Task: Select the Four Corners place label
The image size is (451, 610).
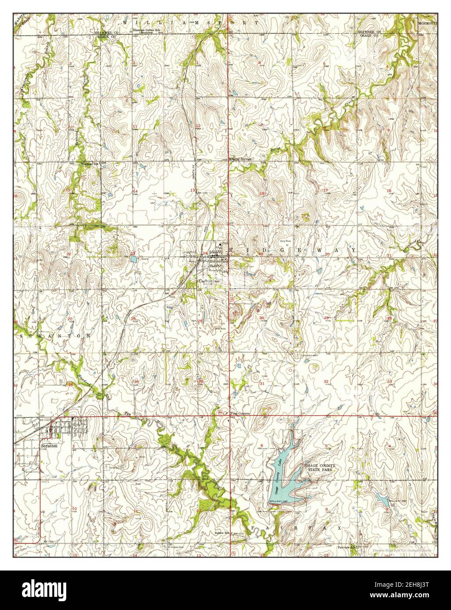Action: (240, 413)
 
